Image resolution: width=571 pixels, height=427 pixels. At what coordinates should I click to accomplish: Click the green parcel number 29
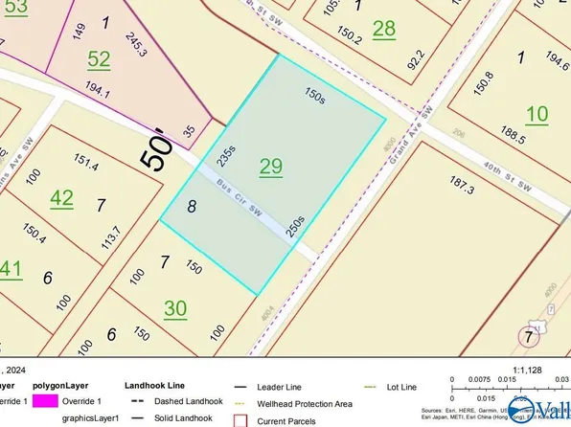[x=271, y=167]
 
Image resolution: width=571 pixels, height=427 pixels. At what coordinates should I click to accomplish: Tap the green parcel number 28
[x=383, y=29]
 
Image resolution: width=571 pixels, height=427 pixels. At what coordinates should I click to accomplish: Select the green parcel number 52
[x=99, y=58]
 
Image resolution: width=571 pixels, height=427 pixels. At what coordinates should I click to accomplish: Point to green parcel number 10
[x=537, y=114]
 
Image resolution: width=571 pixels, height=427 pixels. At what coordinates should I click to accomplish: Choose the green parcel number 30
[x=175, y=307]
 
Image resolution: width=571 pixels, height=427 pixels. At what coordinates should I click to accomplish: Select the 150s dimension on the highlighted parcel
[x=313, y=95]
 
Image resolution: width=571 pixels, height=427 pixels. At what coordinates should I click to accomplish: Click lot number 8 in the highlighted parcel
[x=192, y=205]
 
